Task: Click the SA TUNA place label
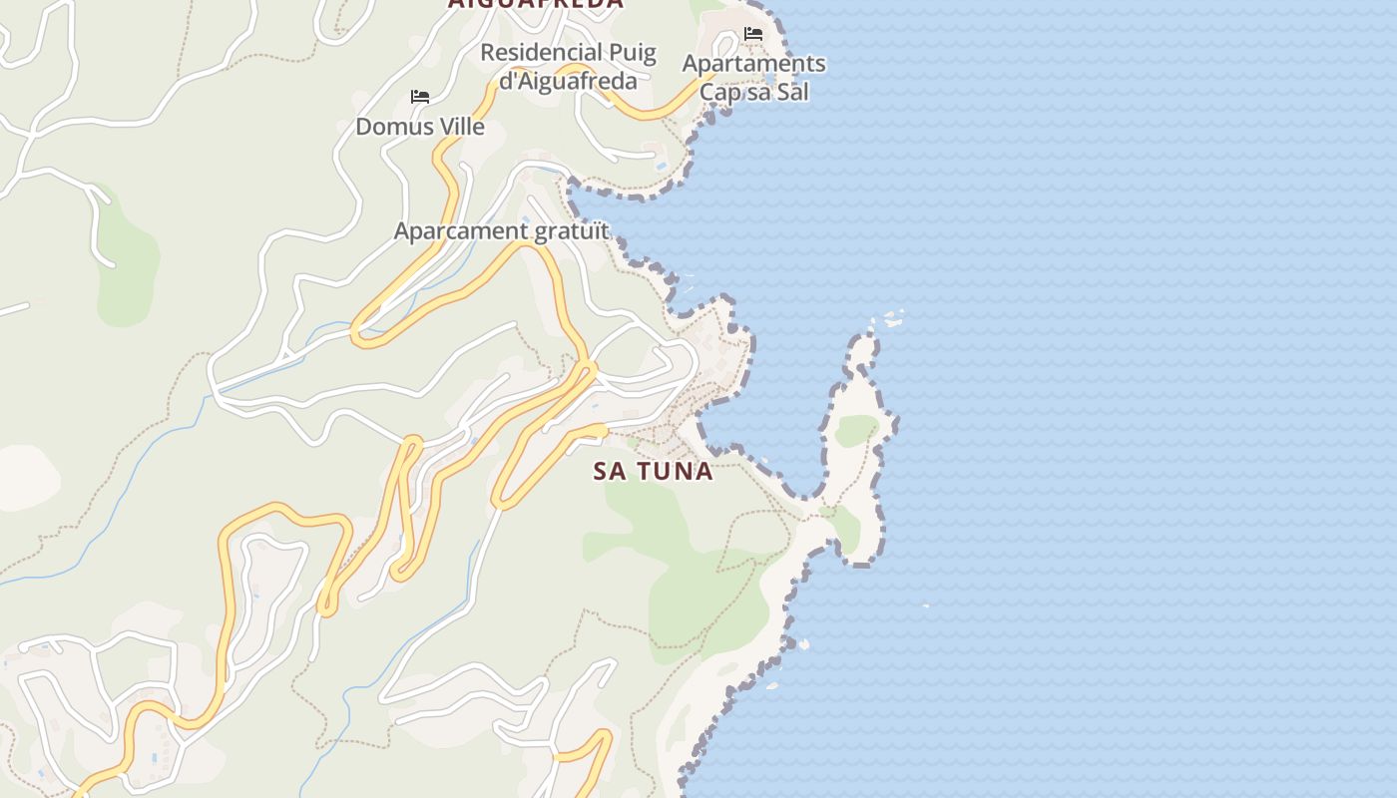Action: (x=654, y=471)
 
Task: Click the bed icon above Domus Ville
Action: (x=420, y=97)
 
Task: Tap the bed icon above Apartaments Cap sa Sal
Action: (x=753, y=34)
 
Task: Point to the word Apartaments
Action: (x=753, y=64)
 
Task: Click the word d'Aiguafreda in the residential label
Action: (x=567, y=81)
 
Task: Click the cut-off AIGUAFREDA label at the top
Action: (x=535, y=4)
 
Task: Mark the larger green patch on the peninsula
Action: (x=855, y=430)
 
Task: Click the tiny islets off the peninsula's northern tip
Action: (x=893, y=319)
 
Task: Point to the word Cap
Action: (x=719, y=93)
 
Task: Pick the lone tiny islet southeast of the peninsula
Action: (x=926, y=604)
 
